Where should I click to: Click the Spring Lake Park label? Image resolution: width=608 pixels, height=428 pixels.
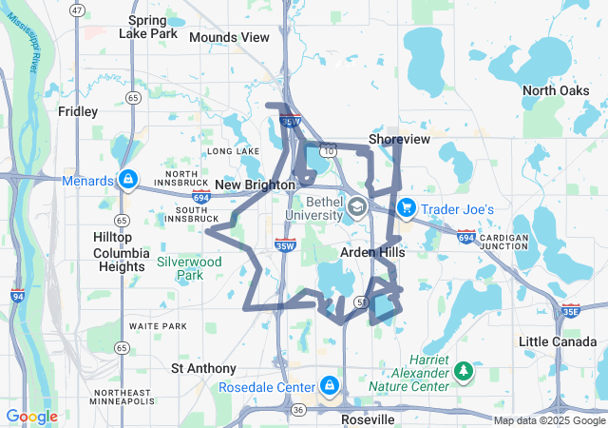(x=148, y=27)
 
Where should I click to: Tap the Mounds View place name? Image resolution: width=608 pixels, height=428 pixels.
(x=229, y=37)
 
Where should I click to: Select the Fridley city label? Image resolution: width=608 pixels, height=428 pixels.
(x=78, y=111)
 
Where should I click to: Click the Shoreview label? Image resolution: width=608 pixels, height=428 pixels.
(x=399, y=139)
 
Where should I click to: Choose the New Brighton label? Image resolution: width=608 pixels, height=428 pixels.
(x=255, y=185)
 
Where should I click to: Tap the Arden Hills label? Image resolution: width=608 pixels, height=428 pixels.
(x=373, y=253)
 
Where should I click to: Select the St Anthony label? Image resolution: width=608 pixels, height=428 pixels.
(x=203, y=368)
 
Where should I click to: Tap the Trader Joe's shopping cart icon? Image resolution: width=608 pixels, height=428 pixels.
(x=406, y=207)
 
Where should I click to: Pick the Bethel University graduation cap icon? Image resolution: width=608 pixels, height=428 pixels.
(x=357, y=207)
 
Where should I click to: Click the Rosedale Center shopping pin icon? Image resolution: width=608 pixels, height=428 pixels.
(x=329, y=386)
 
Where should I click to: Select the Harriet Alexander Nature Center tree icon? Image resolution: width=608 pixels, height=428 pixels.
(x=464, y=370)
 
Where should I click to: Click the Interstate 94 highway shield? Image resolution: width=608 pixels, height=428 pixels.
(x=18, y=296)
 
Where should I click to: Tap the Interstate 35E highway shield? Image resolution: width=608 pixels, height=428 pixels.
(x=570, y=310)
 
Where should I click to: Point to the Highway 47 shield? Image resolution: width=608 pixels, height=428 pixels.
(x=77, y=10)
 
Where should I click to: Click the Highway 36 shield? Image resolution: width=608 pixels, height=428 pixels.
(x=298, y=410)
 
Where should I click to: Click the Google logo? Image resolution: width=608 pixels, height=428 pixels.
(x=31, y=417)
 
